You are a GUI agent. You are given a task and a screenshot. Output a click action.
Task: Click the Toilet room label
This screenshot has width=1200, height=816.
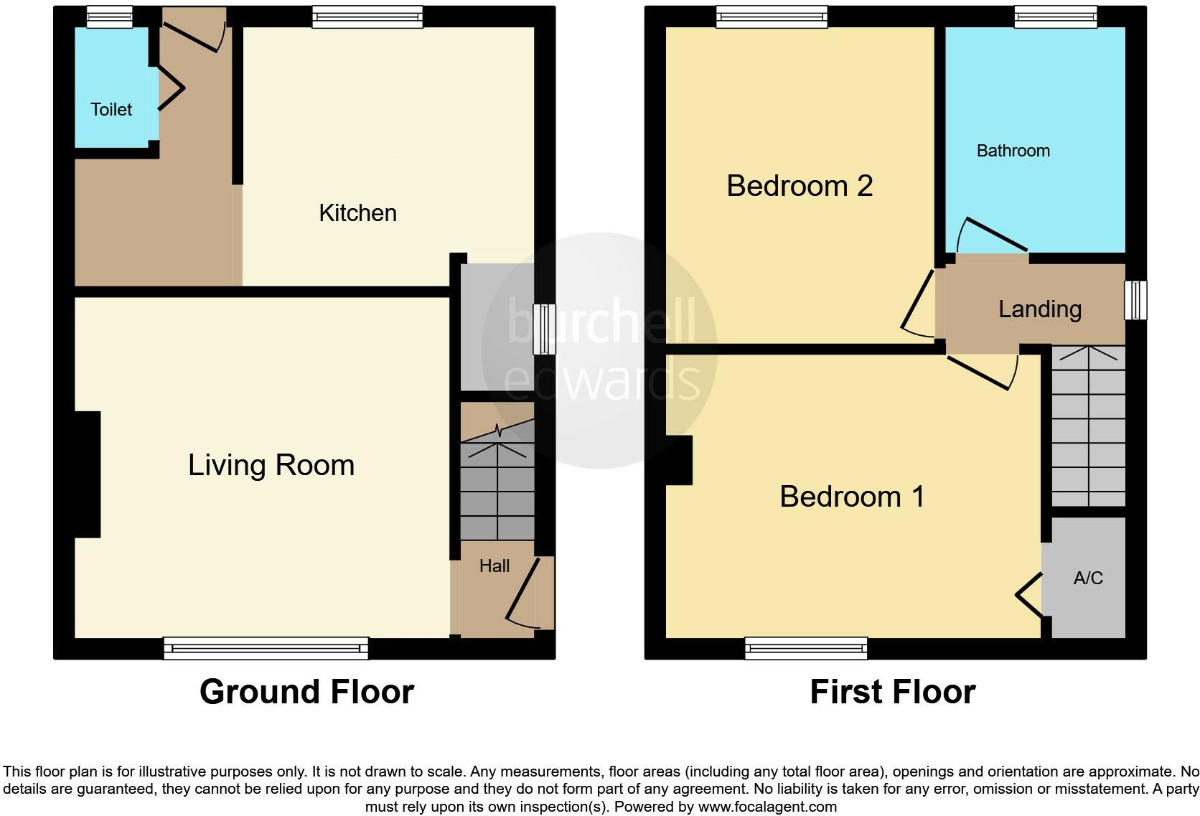coord(111,109)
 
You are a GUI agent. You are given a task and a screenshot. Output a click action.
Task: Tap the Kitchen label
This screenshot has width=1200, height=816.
coord(357,212)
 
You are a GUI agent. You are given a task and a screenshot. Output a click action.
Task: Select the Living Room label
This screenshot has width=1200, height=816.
coord(271,465)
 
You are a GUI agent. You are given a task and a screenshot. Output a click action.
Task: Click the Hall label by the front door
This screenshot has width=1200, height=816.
coord(494,566)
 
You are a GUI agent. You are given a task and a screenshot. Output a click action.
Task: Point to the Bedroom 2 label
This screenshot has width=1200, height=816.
coord(800,186)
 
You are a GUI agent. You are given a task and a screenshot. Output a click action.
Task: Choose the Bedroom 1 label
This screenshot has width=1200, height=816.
coord(852,497)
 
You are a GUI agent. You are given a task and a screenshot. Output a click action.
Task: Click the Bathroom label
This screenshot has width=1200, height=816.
coord(1013,151)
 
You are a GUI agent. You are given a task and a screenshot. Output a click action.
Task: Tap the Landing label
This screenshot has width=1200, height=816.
coord(1039,309)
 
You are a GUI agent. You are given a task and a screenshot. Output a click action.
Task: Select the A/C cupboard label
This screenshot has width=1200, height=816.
coord(1087,578)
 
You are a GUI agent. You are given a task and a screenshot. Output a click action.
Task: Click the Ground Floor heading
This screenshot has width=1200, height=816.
coord(306,692)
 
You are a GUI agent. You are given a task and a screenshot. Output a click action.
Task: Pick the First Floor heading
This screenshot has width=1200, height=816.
coord(892,692)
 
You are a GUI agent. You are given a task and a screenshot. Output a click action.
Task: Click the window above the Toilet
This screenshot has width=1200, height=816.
coord(110,17)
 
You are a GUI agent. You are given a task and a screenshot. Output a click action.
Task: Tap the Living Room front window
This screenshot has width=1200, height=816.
coord(266,648)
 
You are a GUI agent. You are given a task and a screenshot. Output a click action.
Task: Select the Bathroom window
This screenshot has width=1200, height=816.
coord(1055,17)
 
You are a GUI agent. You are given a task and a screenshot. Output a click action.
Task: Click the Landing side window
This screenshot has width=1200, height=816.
coord(1135,299)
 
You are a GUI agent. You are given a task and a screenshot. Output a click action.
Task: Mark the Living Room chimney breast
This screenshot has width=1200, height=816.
coord(87,474)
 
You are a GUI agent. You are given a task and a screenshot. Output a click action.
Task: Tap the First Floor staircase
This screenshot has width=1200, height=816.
coord(1088,426)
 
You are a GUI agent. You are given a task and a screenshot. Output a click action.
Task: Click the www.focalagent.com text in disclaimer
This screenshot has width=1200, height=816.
coord(767,807)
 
